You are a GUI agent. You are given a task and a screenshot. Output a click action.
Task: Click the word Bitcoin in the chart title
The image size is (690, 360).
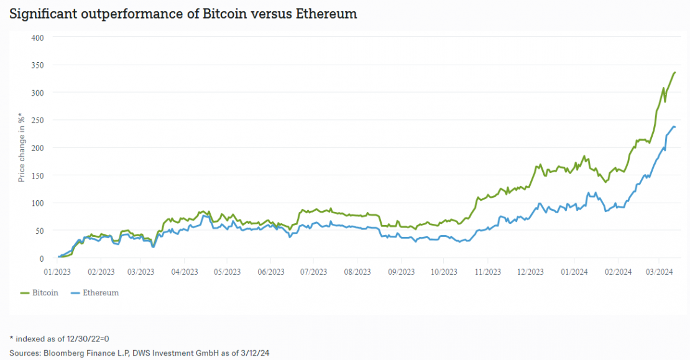coord(223,14)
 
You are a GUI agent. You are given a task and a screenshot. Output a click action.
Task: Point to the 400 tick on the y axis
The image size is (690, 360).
coord(37,37)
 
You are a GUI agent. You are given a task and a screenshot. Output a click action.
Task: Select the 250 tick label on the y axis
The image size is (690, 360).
coord(37,120)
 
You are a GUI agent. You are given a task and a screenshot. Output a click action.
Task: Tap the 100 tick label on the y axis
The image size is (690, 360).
coord(37,203)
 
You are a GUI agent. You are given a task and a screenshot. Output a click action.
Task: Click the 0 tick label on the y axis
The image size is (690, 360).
coord(41,258)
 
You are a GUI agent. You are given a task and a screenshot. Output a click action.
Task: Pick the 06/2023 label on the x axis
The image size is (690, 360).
coord(270,272)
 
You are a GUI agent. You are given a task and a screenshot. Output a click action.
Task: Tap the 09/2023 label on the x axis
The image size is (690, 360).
coord(401,272)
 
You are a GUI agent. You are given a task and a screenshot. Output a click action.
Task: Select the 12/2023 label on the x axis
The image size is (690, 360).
coord(530,272)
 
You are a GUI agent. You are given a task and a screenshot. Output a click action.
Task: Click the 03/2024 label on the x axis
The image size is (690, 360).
coord(660,272)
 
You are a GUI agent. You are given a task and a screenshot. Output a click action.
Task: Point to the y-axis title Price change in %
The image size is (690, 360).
coord(21,148)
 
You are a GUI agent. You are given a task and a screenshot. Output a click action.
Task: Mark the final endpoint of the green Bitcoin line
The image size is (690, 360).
coord(675,72)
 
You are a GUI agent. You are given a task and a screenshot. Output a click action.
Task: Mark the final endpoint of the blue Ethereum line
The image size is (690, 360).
coord(675,127)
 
